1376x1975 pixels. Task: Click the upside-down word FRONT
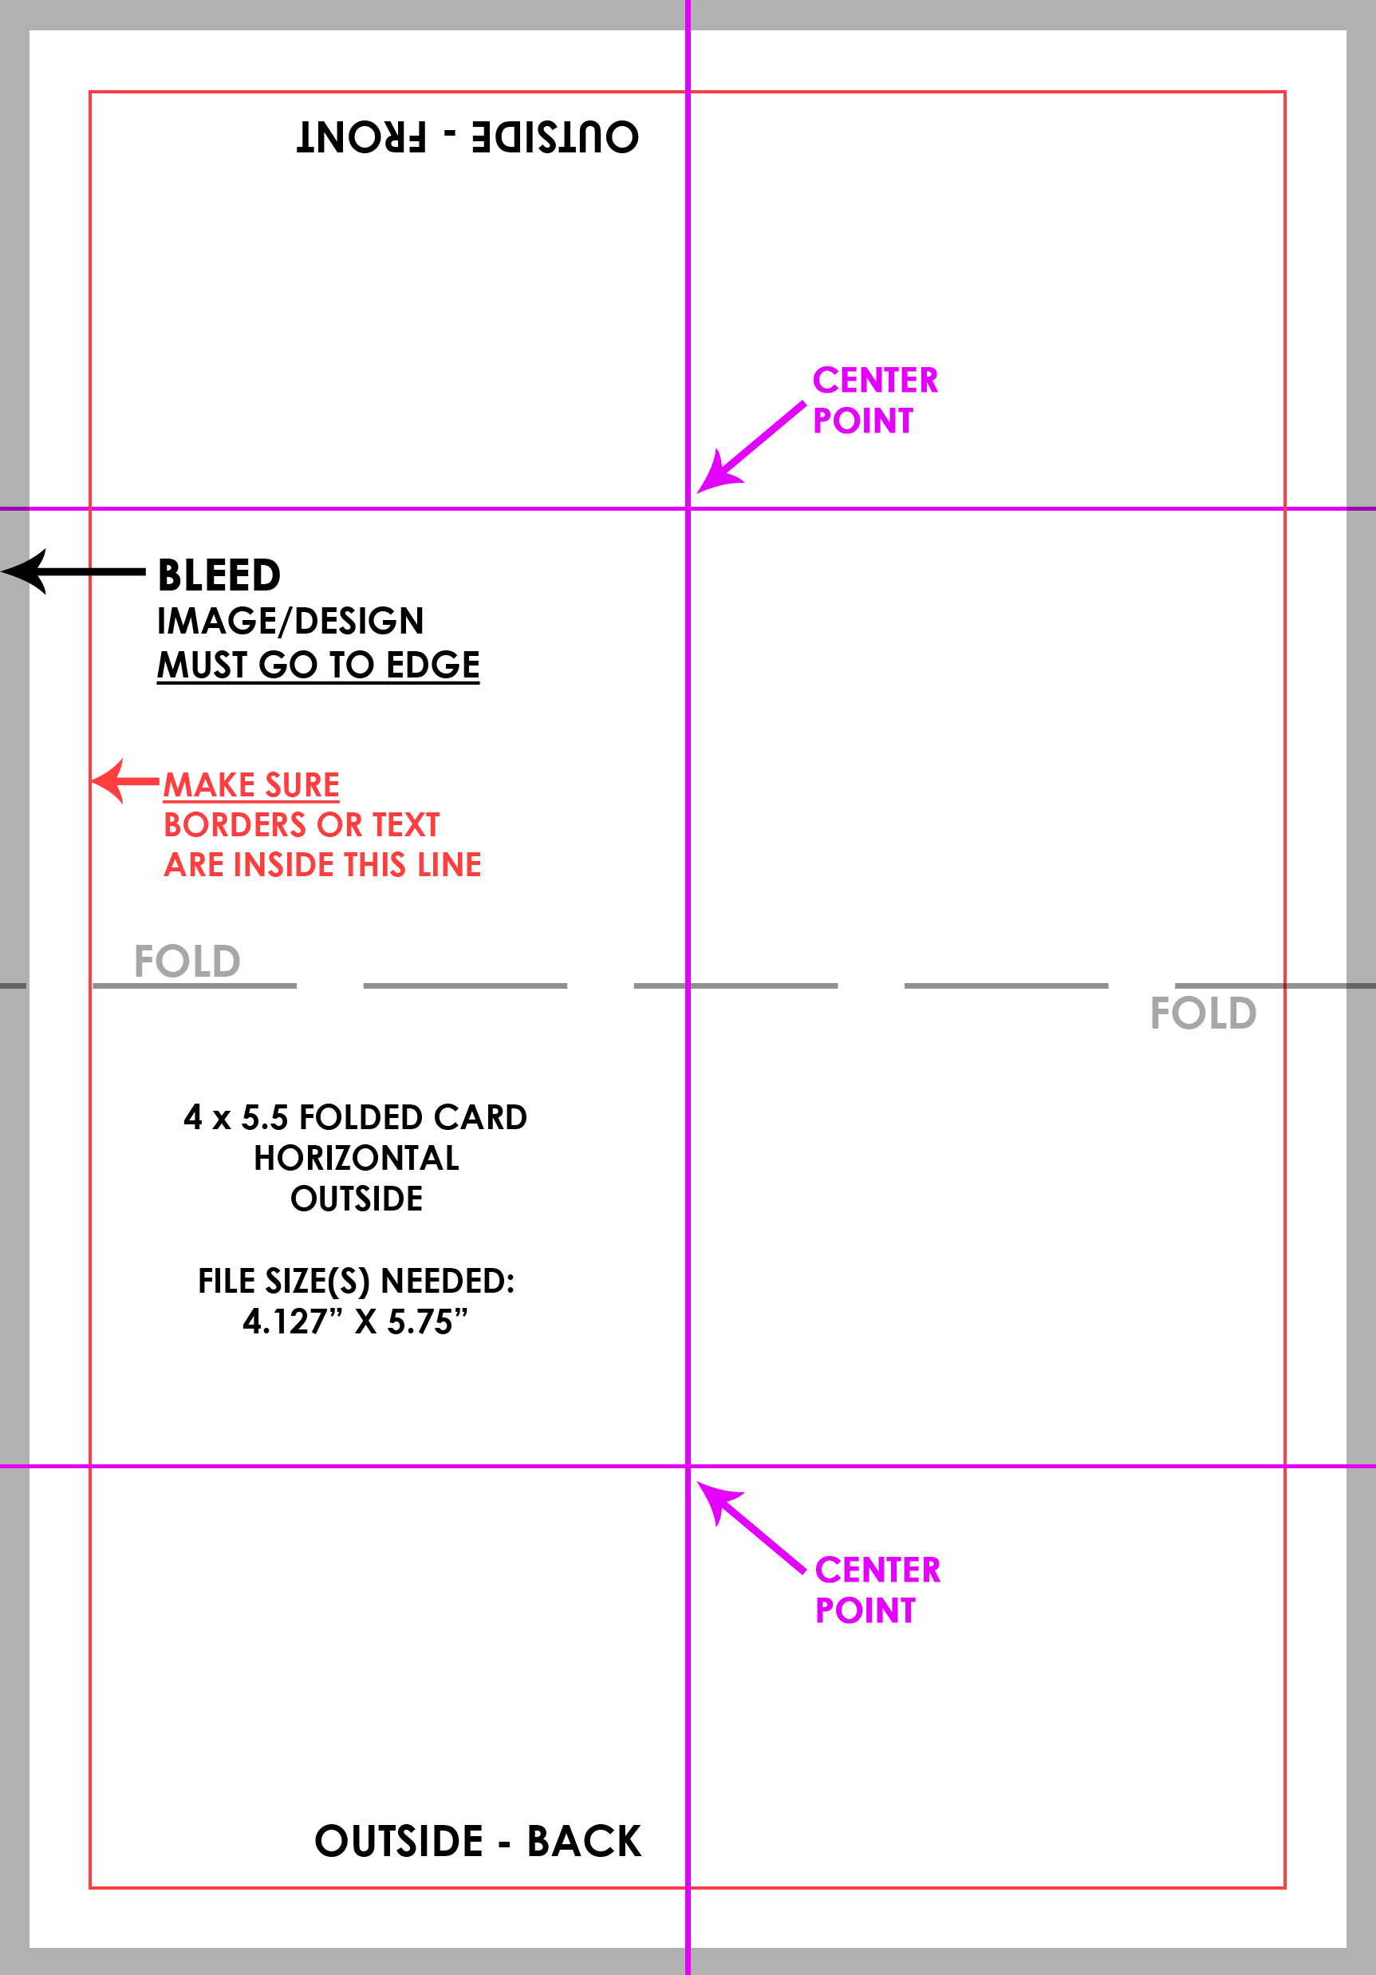(361, 136)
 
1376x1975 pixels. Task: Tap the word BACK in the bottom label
(584, 1841)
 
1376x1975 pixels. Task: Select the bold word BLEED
(219, 575)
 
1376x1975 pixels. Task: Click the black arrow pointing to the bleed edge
(73, 571)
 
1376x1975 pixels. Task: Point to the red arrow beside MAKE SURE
(125, 781)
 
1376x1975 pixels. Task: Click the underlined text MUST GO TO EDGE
(318, 665)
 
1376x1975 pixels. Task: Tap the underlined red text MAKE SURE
(251, 784)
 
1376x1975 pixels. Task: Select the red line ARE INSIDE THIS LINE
(322, 864)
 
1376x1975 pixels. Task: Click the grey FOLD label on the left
(187, 961)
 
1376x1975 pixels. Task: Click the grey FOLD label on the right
(1203, 1013)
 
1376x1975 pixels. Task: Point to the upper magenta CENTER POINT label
(874, 400)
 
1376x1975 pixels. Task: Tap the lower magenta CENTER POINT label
(877, 1590)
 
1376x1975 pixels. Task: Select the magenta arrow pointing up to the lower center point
(751, 1527)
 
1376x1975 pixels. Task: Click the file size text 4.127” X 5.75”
(355, 1321)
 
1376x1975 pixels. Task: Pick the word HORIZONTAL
(356, 1158)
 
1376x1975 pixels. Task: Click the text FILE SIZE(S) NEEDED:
(356, 1281)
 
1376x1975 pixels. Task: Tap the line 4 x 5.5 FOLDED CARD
(355, 1117)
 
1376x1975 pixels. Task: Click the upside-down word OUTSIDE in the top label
(555, 136)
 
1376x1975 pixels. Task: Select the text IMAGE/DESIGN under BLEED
(290, 621)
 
